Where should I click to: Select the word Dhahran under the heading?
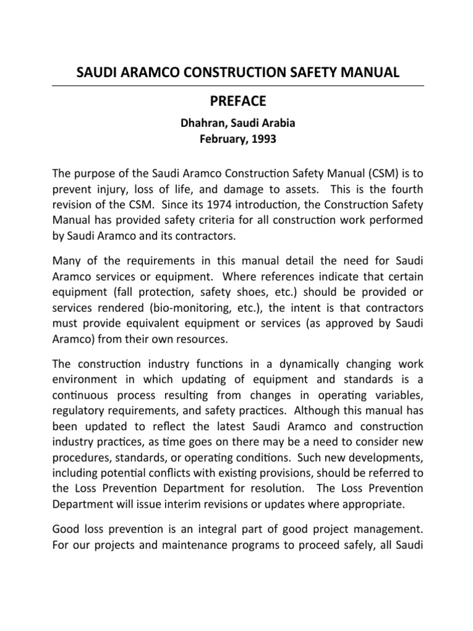201,123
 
